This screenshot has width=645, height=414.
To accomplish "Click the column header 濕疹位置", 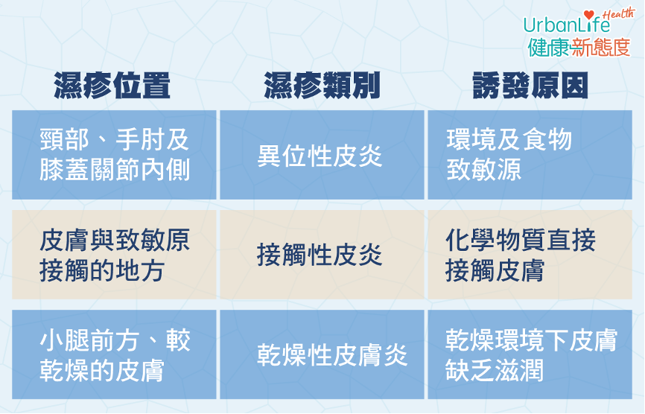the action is click(x=112, y=86).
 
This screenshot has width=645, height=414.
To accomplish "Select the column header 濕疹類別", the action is click(x=322, y=86).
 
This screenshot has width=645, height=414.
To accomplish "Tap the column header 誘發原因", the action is click(x=530, y=86).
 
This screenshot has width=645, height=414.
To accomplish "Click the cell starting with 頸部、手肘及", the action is click(x=114, y=155).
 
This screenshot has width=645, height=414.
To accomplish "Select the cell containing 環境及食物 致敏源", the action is click(x=530, y=155).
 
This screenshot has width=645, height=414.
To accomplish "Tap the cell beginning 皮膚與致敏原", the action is click(x=114, y=255).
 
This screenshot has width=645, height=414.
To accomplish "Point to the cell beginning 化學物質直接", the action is click(x=530, y=255).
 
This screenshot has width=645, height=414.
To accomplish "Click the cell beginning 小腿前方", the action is click(x=114, y=354).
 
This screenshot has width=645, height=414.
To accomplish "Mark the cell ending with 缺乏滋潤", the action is click(x=530, y=354).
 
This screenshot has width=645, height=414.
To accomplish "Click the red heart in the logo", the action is click(x=589, y=15).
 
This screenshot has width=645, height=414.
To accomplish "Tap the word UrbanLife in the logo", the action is click(x=567, y=25).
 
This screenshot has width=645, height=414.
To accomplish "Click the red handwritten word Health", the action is click(x=618, y=13).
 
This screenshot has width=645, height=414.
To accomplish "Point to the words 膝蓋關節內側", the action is click(x=115, y=171).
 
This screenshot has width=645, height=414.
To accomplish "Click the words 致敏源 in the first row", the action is click(x=484, y=171).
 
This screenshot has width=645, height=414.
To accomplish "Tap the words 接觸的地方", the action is click(x=102, y=270).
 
